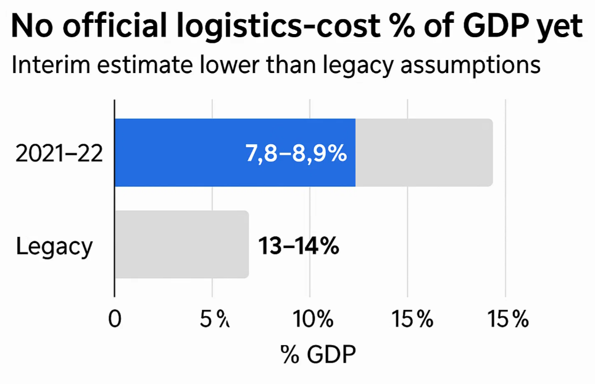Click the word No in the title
coord(31,28)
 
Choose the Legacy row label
coord(54,245)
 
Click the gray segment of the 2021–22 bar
coord(423,152)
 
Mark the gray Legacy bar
coord(181,244)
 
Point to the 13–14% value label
coord(298,245)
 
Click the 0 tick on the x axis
coord(114,320)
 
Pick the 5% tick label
coord(213,320)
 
